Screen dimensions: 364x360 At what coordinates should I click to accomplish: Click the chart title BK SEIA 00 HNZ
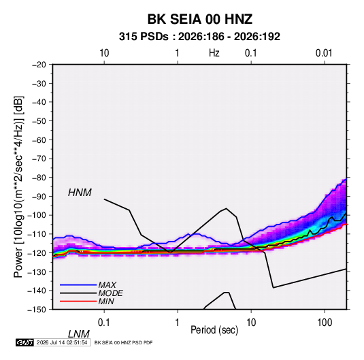[x=199, y=19]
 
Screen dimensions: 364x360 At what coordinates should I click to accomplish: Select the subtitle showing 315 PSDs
[x=199, y=37]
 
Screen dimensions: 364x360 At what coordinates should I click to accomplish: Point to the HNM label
[x=80, y=193]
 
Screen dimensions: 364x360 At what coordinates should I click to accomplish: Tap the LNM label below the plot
[x=79, y=334]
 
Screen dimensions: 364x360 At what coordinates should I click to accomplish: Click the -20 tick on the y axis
[x=39, y=65]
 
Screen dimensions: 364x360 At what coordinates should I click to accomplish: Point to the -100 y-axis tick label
[x=37, y=215]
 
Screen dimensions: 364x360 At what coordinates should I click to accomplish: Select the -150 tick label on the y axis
[x=37, y=310]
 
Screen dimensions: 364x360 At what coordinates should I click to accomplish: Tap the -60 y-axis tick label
[x=39, y=140]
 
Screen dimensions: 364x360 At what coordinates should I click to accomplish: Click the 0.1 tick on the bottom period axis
[x=104, y=323]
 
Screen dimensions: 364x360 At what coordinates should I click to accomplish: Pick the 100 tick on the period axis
[x=325, y=323]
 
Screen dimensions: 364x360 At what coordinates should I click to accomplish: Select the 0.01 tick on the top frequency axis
[x=324, y=53]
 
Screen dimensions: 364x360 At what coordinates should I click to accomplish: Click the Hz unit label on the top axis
[x=214, y=53]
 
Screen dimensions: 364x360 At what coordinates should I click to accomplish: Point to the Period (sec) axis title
[x=214, y=330]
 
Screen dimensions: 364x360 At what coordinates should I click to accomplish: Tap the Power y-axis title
[x=18, y=186]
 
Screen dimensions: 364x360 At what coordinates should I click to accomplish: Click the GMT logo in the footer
[x=24, y=342]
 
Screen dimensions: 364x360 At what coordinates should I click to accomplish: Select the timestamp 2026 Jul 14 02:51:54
[x=62, y=342]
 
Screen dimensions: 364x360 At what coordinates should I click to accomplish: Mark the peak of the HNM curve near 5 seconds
[x=226, y=208]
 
